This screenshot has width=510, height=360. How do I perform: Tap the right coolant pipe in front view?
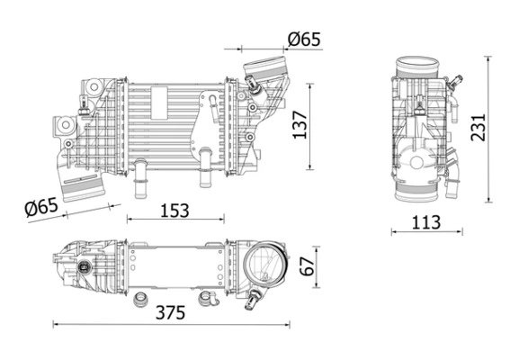tap(203, 162)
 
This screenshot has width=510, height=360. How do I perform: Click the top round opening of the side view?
tap(419, 66)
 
